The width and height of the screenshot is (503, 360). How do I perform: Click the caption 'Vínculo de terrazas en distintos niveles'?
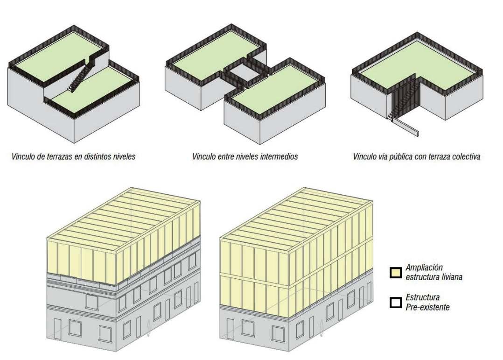74,156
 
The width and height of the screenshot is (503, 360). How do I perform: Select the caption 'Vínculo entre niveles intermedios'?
245,156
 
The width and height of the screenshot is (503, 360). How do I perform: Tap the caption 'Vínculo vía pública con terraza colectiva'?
416,156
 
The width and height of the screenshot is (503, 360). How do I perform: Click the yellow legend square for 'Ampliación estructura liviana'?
396,272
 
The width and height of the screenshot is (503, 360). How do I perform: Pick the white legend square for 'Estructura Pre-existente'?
396,302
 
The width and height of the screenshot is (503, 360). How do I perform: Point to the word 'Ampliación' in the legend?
423,268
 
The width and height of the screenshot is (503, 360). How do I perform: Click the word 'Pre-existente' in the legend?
427,307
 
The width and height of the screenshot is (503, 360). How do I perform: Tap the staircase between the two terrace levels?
79,76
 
